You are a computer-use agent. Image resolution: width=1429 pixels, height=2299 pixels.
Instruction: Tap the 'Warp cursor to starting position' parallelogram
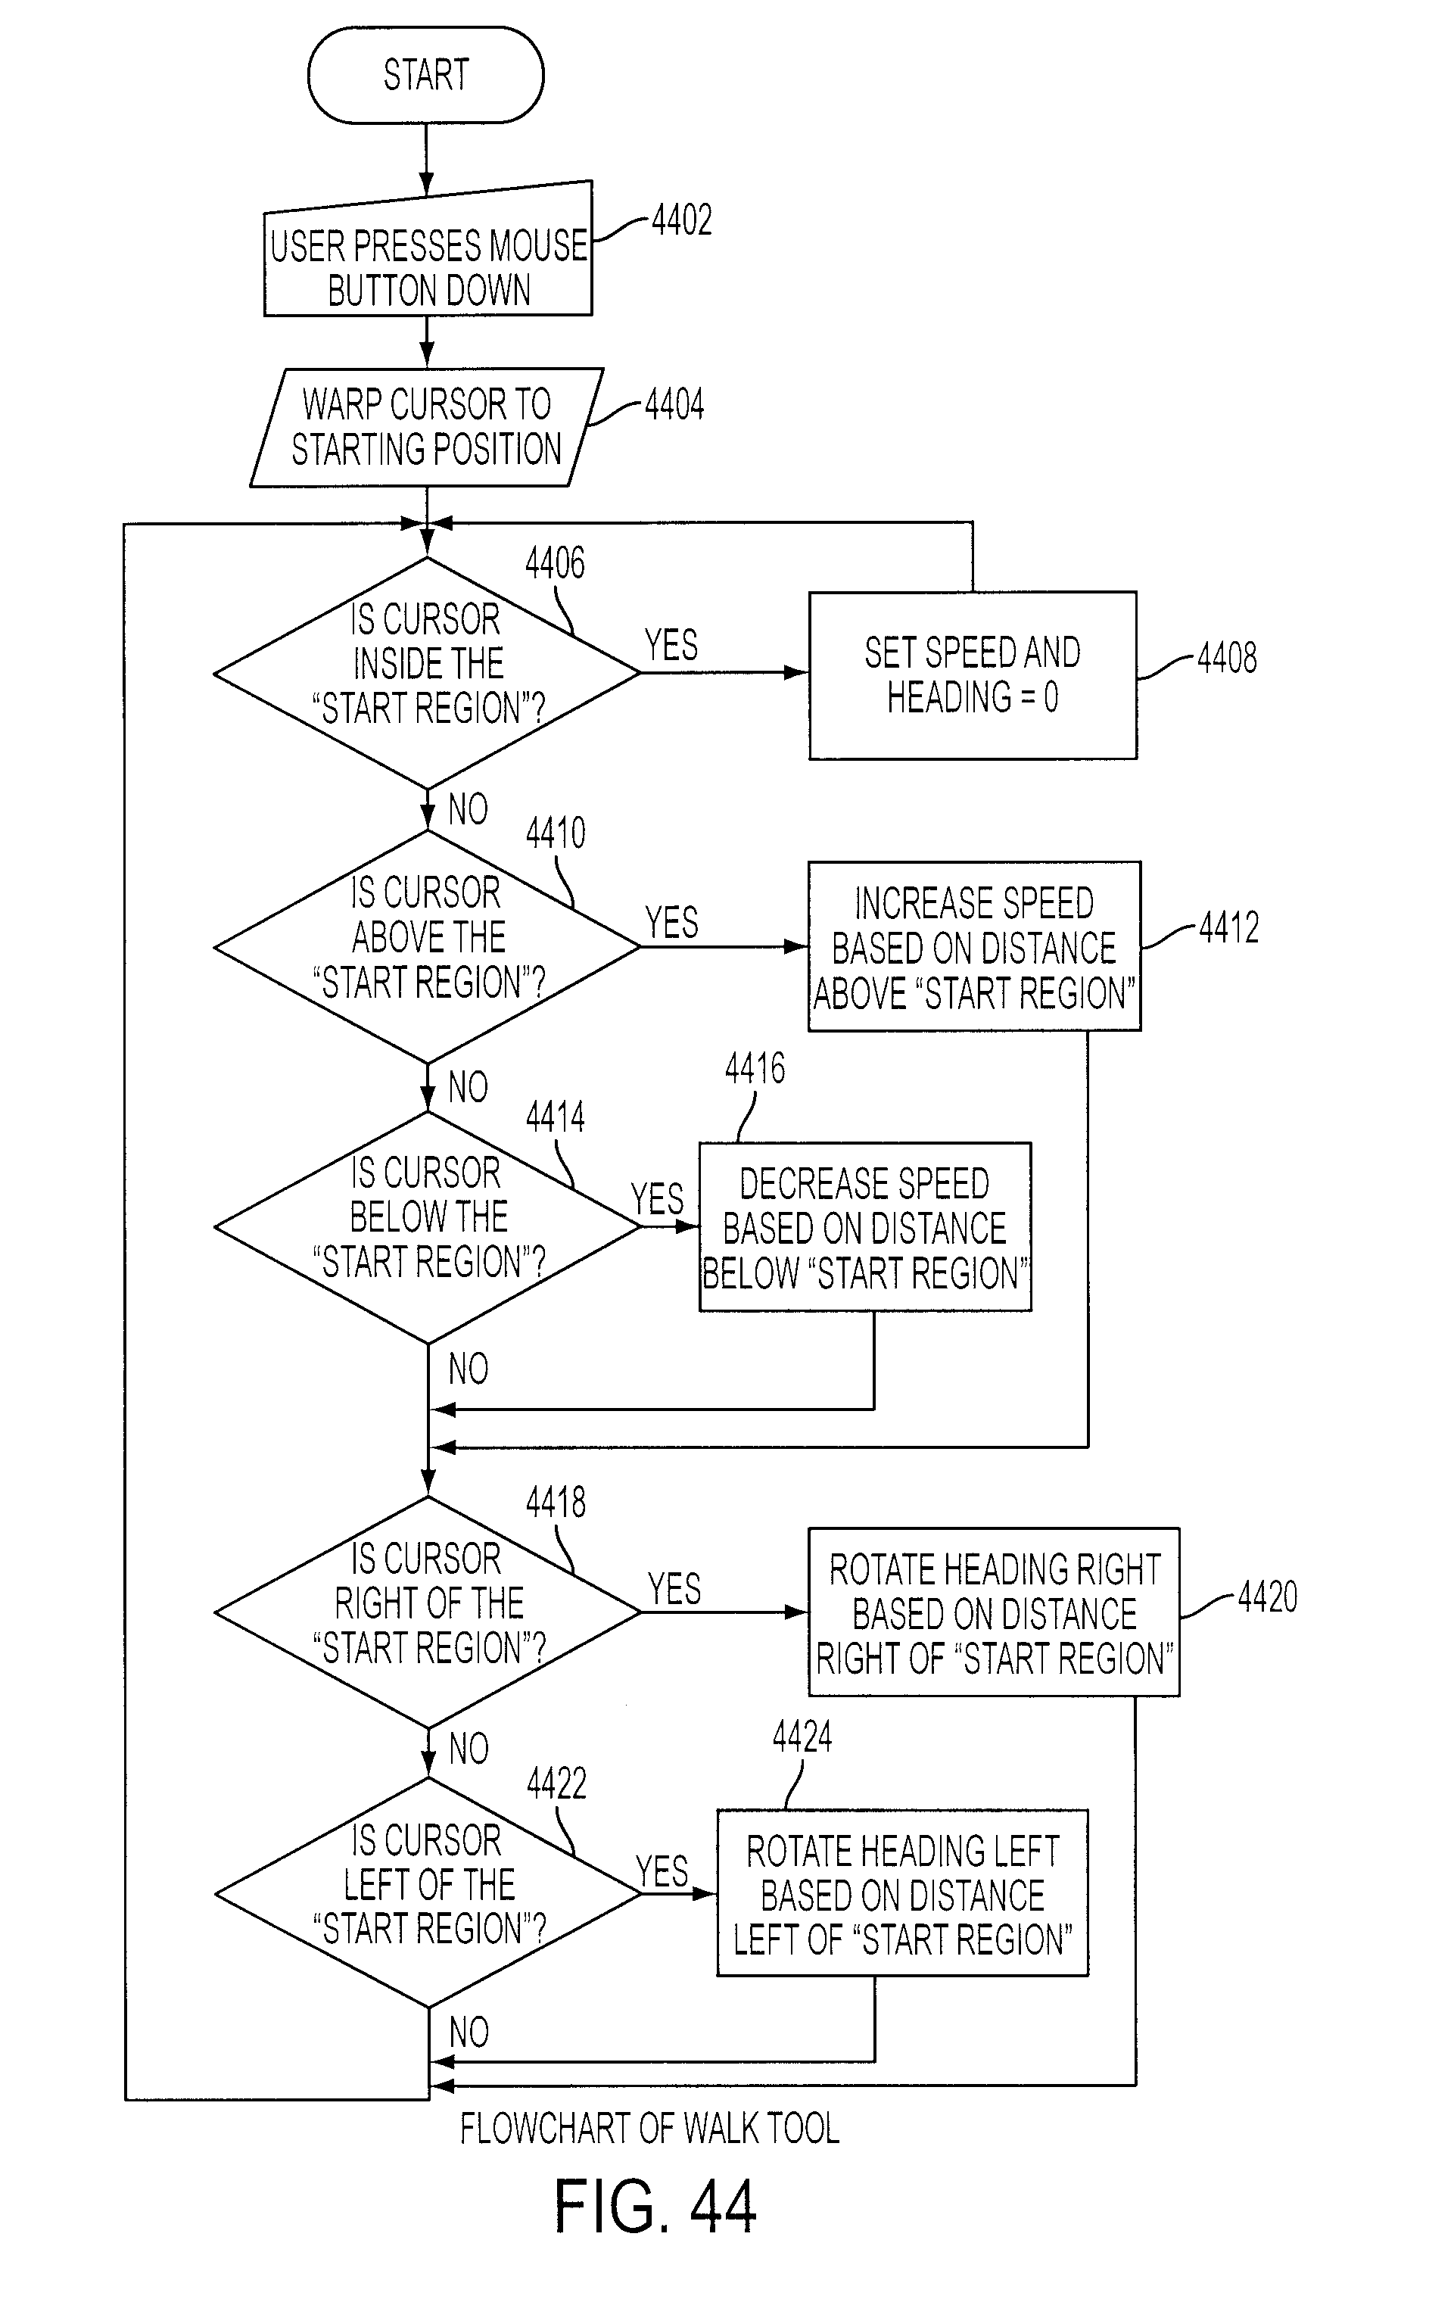click(x=426, y=427)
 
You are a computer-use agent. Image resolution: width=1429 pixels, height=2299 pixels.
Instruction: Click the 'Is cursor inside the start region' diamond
click(x=427, y=673)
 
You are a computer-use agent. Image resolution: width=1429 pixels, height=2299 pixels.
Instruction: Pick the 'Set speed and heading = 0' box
click(x=973, y=675)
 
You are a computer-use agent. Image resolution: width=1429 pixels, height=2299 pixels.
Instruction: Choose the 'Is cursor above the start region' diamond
click(x=427, y=946)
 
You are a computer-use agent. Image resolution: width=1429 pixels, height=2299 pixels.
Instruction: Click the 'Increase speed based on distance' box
click(x=974, y=946)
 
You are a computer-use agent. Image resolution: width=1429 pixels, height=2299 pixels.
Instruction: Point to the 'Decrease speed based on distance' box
click(x=865, y=1227)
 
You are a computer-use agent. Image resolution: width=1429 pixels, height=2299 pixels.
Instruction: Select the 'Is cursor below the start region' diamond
click(x=427, y=1227)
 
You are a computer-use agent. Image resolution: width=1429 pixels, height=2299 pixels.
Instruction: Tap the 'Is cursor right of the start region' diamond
click(x=427, y=1612)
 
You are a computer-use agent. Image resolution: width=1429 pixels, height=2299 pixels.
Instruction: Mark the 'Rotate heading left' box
click(x=902, y=1893)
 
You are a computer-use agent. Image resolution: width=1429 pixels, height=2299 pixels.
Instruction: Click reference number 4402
click(x=681, y=220)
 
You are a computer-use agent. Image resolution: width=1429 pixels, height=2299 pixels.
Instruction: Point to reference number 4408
click(x=1227, y=657)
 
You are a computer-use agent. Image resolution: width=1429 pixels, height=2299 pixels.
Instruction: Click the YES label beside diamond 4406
click(x=671, y=645)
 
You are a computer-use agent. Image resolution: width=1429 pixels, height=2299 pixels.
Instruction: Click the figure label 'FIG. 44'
click(x=655, y=2207)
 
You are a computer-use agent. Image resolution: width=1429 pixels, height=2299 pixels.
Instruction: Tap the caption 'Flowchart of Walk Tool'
click(x=650, y=2129)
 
